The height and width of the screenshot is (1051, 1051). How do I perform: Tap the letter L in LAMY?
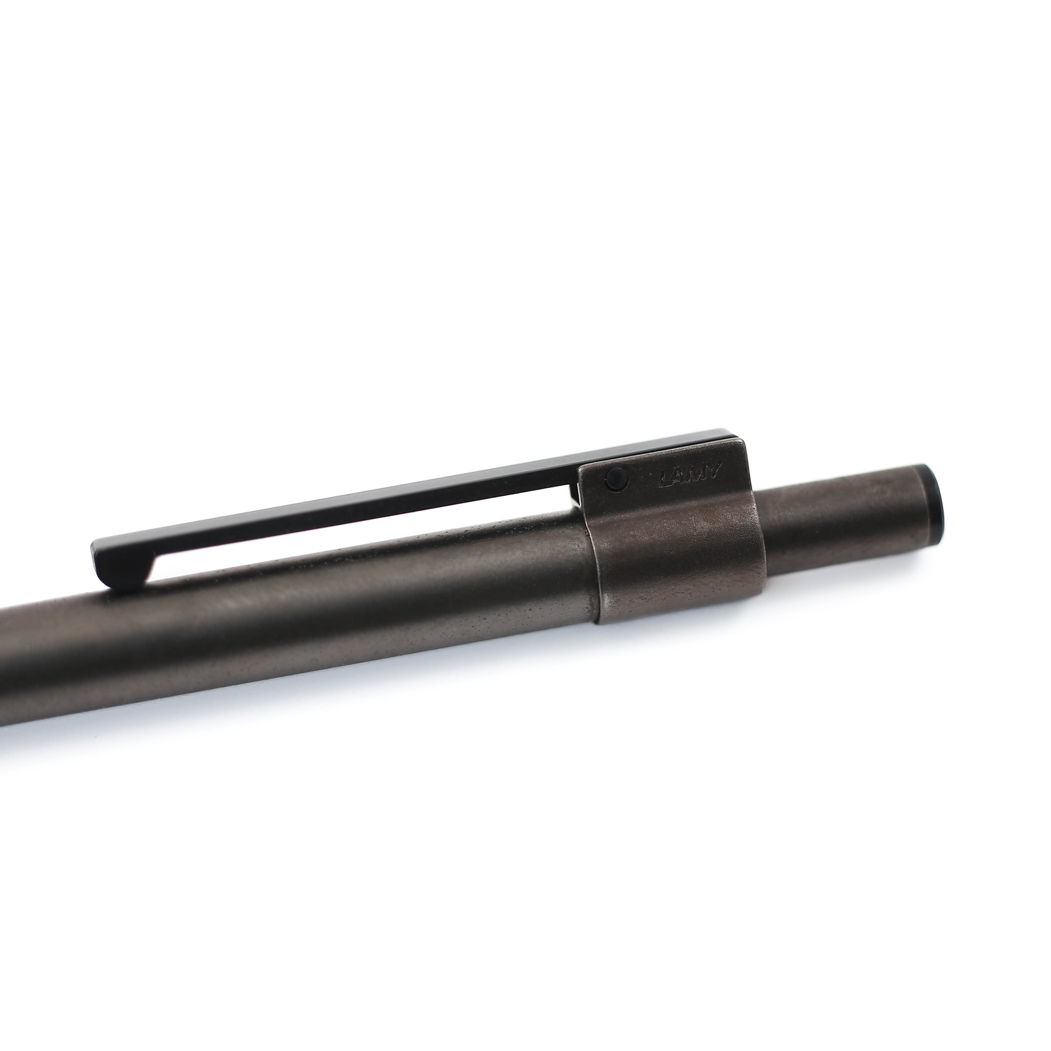pos(665,482)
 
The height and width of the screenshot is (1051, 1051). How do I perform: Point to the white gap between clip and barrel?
pos(368,525)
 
